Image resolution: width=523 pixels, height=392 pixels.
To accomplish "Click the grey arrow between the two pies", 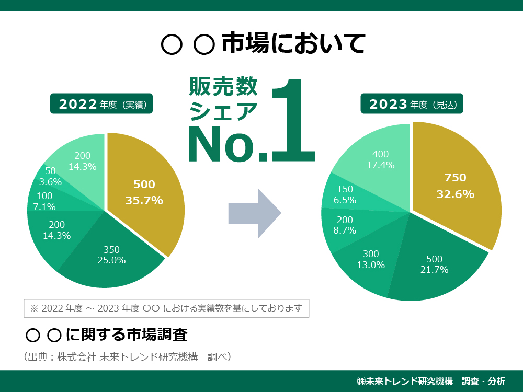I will pyautogui.click(x=255, y=213).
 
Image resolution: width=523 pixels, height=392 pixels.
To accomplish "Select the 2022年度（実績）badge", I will pyautogui.click(x=101, y=104).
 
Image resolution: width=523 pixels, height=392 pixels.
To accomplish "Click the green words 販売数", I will pyautogui.click(x=223, y=86).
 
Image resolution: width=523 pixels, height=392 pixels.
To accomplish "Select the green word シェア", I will pyautogui.click(x=223, y=111).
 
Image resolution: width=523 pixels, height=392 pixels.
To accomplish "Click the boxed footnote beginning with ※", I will pyautogui.click(x=166, y=308).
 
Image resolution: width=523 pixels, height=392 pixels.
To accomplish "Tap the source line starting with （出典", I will pyautogui.click(x=128, y=357).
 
